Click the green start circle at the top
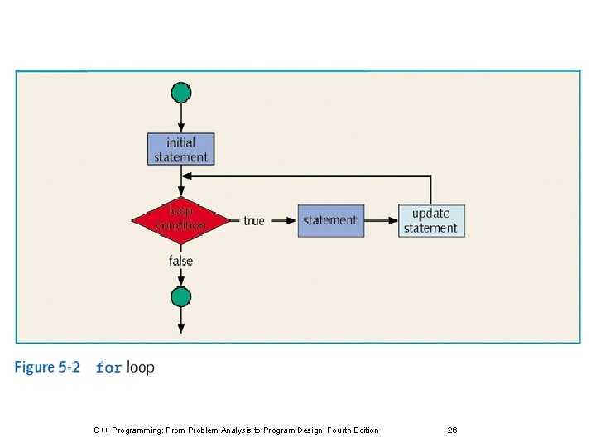pyautogui.click(x=181, y=92)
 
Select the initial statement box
pyautogui.click(x=181, y=149)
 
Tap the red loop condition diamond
pyautogui.click(x=180, y=220)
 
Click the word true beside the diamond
pyautogui.click(x=254, y=220)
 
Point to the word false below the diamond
pyautogui.click(x=180, y=261)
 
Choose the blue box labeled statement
pyautogui.click(x=330, y=220)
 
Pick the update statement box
pyautogui.click(x=430, y=220)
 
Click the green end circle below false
pyautogui.click(x=181, y=296)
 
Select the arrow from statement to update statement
pyautogui.click(x=381, y=220)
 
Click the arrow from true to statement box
pyautogui.click(x=282, y=220)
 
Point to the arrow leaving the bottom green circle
pyautogui.click(x=181, y=321)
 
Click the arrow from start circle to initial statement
pyautogui.click(x=181, y=118)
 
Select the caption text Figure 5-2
pyautogui.click(x=47, y=367)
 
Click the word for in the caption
pyautogui.click(x=109, y=368)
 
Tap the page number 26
pyautogui.click(x=452, y=430)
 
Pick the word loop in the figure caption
pyautogui.click(x=141, y=367)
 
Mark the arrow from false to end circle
pyautogui.click(x=181, y=278)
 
